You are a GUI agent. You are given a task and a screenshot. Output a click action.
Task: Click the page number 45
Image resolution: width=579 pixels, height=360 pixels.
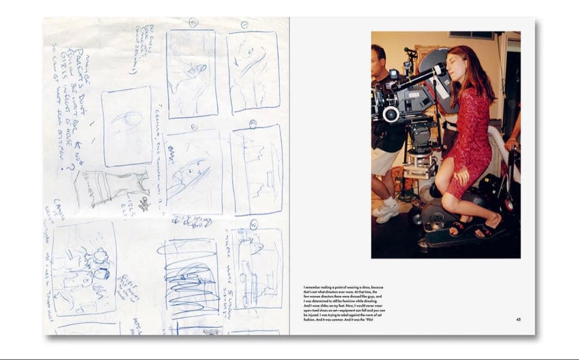pyautogui.click(x=518, y=320)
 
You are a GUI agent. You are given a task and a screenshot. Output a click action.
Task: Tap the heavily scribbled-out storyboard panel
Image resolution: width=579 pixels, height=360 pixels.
pyautogui.click(x=191, y=280)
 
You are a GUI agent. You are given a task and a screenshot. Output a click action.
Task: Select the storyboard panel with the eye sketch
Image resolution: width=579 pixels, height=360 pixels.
pyautogui.click(x=127, y=127)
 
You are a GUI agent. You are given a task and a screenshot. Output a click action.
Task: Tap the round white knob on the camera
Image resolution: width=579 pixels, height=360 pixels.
pyautogui.click(x=391, y=114)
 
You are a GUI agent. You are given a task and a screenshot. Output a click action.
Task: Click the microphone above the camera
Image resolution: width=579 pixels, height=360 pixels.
pyautogui.click(x=410, y=51)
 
